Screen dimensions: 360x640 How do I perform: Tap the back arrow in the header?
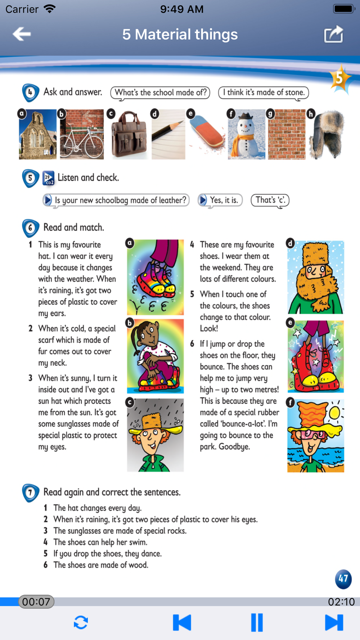(22, 34)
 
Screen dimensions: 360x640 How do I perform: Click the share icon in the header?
(333, 34)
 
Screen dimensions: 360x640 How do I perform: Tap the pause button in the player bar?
(257, 622)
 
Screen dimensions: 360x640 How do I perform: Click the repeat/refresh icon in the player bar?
(81, 622)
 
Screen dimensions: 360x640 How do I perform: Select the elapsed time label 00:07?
(36, 601)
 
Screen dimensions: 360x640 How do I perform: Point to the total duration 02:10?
(341, 602)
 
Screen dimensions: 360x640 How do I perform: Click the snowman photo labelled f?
(247, 134)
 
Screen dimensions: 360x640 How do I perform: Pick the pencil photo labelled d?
(168, 134)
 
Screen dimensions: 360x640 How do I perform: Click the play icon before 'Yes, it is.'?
(203, 200)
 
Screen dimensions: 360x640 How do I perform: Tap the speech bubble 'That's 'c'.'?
(270, 200)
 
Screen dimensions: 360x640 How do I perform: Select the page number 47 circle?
(343, 579)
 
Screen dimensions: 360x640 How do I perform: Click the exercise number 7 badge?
(31, 492)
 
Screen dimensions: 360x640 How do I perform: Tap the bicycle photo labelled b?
(82, 134)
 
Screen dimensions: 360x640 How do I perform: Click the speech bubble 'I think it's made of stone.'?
(264, 93)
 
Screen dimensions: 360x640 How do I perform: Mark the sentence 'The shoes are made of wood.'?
(101, 565)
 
